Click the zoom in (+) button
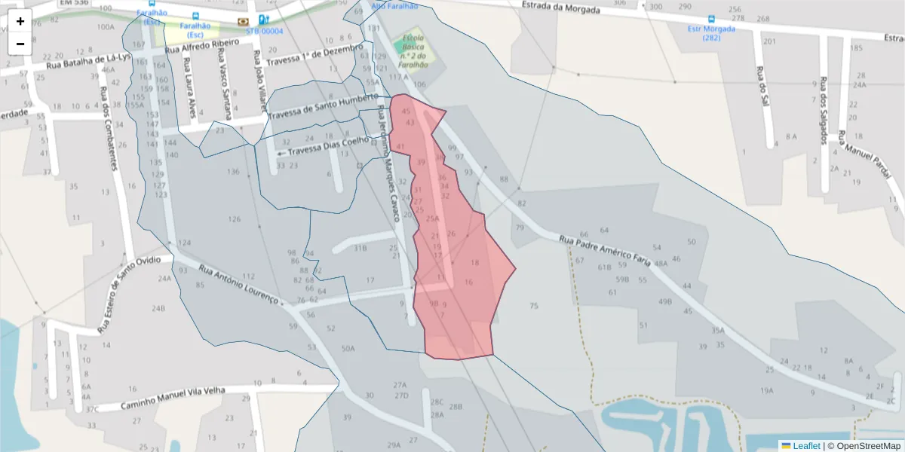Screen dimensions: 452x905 click(20, 21)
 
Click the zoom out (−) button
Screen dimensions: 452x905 click(20, 44)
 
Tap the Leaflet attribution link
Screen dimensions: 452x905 click(805, 446)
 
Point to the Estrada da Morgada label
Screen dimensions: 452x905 click(561, 9)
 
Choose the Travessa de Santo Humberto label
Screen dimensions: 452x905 click(322, 108)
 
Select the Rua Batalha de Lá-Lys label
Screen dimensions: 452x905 click(88, 61)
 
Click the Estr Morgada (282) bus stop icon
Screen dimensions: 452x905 click(711, 20)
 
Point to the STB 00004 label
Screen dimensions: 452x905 click(264, 31)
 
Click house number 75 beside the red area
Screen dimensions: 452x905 click(534, 306)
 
